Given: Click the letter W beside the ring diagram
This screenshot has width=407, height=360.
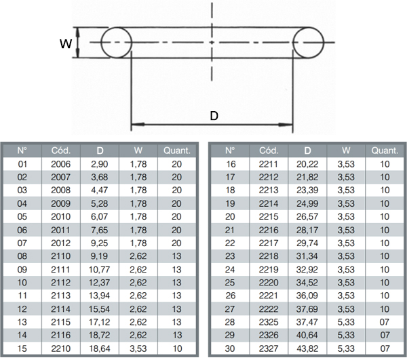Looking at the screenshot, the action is [66, 43].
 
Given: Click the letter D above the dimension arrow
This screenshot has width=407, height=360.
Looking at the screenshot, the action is [214, 116].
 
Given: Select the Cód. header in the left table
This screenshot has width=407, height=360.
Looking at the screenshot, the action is [61, 151].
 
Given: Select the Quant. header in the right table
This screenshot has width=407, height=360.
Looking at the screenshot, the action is [385, 151].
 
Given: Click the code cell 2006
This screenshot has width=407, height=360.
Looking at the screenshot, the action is [61, 164].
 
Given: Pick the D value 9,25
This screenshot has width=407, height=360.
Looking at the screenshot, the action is [100, 243].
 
